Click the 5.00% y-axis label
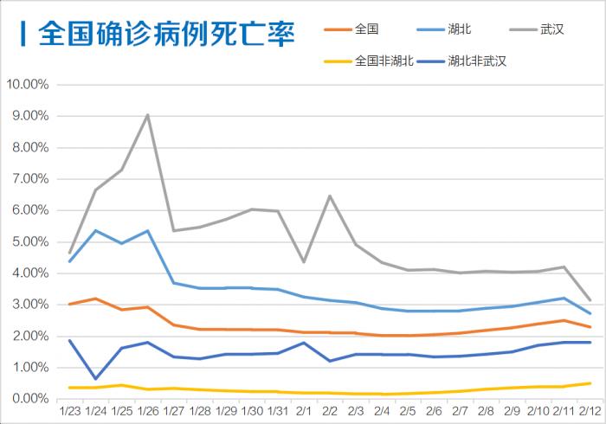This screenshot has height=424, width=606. coord(29,241)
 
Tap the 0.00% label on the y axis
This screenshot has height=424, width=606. coord(29,399)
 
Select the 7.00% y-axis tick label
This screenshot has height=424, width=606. coord(29,179)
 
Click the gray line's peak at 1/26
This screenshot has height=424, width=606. coord(147,115)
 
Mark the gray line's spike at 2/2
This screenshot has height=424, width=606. coord(330,196)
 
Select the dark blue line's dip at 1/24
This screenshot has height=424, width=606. coord(95,379)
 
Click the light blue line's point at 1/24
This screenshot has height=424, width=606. coord(95,230)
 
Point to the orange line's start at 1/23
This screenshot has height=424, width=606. coord(69,305)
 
